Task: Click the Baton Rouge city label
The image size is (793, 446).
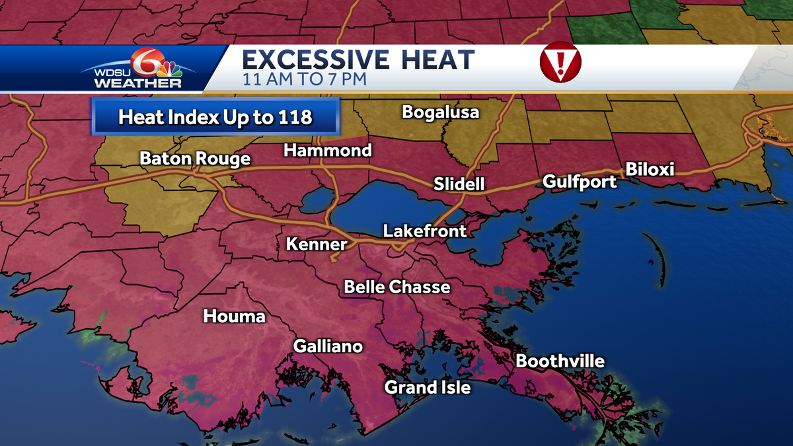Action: pos(195,159)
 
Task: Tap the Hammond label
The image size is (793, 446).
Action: pos(328,151)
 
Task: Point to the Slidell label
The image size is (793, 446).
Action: pos(459,184)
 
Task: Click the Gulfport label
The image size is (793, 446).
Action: pos(580,182)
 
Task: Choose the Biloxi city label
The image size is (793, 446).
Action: pos(650,170)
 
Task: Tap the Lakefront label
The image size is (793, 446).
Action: pos(425,231)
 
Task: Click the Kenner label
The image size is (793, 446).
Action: pos(317,244)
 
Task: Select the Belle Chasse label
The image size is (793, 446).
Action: pos(397,287)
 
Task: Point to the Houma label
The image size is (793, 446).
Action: pos(234,316)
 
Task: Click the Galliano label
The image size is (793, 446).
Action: pos(328,346)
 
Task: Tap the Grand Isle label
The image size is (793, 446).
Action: pos(428,387)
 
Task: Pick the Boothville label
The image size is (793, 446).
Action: pos(560,361)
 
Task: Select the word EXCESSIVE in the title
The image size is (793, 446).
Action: pos(315,59)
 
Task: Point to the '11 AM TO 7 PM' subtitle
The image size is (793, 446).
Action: pos(305,80)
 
